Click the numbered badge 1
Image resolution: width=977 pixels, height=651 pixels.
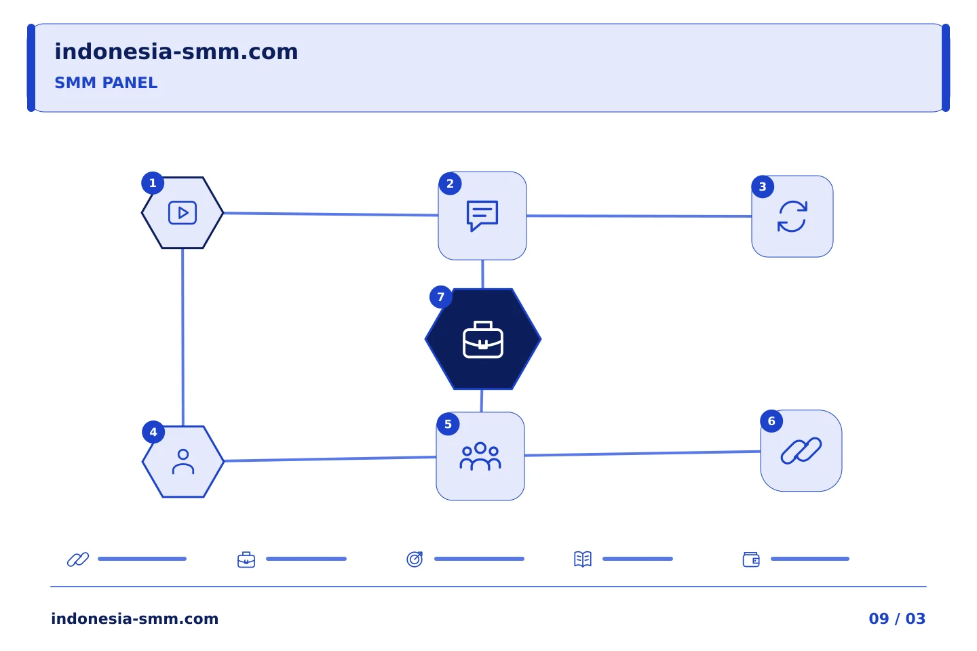click(x=153, y=183)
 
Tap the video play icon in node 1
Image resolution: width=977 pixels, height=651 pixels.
click(x=183, y=213)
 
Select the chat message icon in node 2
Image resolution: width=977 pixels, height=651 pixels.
click(x=482, y=216)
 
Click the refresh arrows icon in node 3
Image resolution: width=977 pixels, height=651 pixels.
click(x=792, y=216)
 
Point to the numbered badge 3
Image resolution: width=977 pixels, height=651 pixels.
click(x=763, y=186)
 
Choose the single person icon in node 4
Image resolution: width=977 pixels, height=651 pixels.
click(x=183, y=461)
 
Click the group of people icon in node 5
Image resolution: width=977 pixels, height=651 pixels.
click(x=480, y=456)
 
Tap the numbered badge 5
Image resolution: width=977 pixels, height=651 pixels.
click(x=448, y=424)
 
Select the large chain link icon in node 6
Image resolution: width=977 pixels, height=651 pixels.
click(x=801, y=451)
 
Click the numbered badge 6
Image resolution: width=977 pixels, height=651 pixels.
click(x=771, y=421)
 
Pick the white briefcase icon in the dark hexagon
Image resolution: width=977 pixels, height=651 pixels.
click(x=483, y=339)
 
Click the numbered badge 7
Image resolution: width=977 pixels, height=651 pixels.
click(x=440, y=297)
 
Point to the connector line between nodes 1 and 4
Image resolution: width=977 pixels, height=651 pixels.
click(x=183, y=337)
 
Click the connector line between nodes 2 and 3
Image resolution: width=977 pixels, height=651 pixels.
click(x=639, y=216)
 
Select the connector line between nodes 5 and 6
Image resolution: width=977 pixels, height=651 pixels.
click(x=643, y=454)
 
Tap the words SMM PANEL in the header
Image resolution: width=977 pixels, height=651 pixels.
click(x=106, y=83)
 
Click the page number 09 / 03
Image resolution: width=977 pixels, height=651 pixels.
click(x=897, y=618)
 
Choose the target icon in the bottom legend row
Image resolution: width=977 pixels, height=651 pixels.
click(x=415, y=559)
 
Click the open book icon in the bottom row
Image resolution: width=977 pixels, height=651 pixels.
click(x=583, y=559)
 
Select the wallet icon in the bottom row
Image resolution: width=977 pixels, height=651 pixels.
click(x=751, y=559)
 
